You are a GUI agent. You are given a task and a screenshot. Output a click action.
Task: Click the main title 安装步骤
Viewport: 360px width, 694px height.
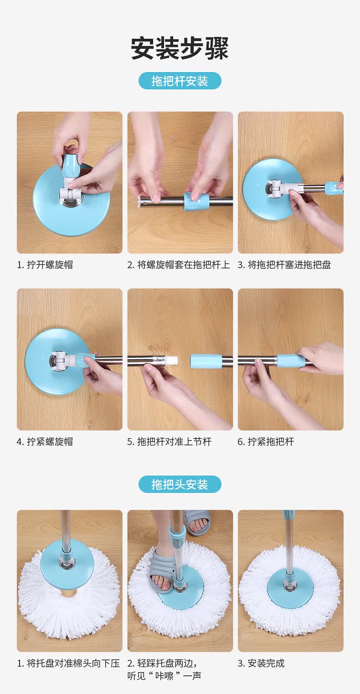180,48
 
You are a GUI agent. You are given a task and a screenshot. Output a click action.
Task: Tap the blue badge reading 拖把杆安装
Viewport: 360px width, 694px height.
180,81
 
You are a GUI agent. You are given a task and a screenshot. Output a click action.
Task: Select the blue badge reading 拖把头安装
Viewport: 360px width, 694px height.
180,484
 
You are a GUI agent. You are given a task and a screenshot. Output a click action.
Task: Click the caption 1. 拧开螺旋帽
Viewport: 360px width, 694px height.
45,265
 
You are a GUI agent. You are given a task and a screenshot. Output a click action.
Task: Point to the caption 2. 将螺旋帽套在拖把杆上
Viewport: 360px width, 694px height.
179,265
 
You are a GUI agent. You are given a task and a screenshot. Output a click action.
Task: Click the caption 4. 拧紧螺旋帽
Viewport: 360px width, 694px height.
45,442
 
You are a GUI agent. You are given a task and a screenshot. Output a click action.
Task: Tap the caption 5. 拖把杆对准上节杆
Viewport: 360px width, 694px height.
169,442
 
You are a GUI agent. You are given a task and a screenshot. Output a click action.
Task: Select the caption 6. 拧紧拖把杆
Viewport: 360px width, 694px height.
266,442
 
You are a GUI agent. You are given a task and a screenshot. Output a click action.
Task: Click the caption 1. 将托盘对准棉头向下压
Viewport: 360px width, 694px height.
68,663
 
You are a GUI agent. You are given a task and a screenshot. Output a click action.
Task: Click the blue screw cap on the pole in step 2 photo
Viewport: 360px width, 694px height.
197,201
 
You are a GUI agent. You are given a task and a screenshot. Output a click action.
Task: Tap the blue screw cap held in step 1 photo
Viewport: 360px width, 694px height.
71,166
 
